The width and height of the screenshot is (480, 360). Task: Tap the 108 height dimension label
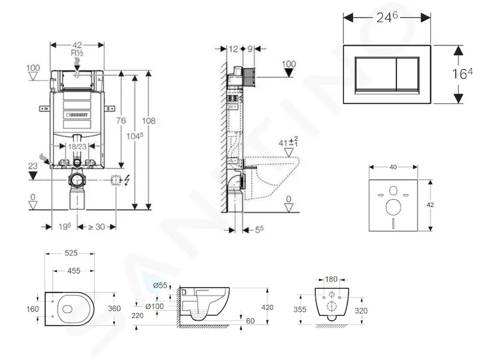pos(148,121)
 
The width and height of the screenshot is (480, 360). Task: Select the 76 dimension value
pos(121,121)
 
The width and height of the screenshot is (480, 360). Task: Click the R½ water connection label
pos(77,53)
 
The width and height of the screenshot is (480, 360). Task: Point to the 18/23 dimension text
pos(77,146)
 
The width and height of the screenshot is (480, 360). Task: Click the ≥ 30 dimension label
pos(97,227)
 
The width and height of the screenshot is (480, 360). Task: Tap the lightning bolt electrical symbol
pos(127,181)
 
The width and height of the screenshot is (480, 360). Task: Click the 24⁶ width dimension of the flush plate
pos(387,17)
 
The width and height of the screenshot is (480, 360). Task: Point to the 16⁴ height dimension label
pos(462,73)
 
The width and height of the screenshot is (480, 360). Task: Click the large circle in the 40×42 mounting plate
pos(394,207)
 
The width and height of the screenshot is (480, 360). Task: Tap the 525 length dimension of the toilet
pos(71,253)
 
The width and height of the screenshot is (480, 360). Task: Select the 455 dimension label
pos(74,271)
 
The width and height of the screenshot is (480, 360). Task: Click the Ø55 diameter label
pos(160,286)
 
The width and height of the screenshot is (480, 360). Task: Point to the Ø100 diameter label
pos(154,306)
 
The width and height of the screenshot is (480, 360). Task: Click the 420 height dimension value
pos(267,307)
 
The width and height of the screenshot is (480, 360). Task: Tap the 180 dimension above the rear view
pos(331,279)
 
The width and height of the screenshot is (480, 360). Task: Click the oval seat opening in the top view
pos(68,309)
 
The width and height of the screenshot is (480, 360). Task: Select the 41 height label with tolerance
pos(289,142)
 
